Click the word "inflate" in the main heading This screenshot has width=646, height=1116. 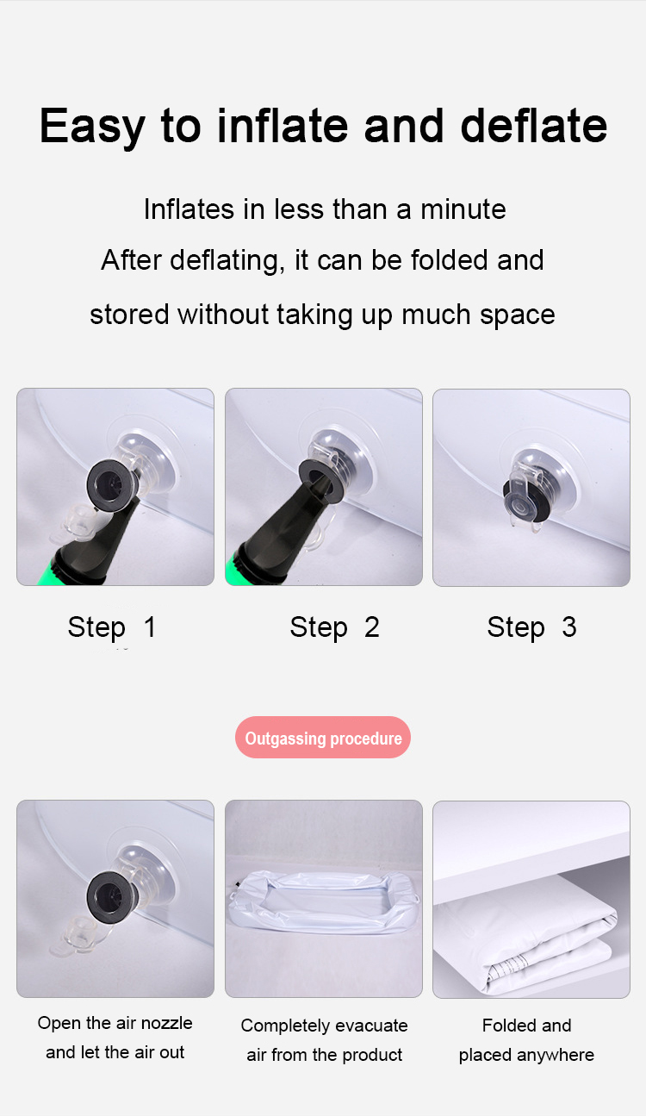[x=283, y=125]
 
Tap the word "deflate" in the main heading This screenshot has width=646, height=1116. [x=534, y=125]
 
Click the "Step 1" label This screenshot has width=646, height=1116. [x=112, y=627]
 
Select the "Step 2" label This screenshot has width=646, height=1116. [x=334, y=627]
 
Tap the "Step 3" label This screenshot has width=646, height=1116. [x=531, y=627]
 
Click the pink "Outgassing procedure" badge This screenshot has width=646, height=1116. [x=323, y=739]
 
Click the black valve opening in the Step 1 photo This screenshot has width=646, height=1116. [x=109, y=489]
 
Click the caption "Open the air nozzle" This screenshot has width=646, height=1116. [x=115, y=1024]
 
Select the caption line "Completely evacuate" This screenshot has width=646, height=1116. [x=324, y=1026]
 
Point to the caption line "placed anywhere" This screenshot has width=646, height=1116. [x=526, y=1055]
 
